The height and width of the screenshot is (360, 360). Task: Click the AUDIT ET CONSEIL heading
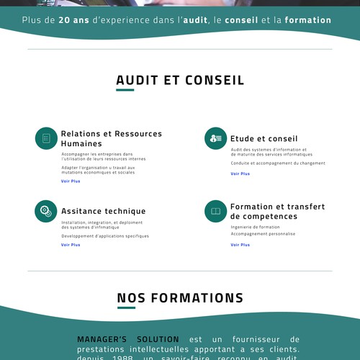pos(180,80)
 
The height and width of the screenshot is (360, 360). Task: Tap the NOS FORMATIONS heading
pos(180,297)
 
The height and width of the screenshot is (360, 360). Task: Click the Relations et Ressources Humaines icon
pos(46,138)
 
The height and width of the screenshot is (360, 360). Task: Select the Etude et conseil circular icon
pos(215,138)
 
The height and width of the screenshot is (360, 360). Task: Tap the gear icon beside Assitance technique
pos(46,211)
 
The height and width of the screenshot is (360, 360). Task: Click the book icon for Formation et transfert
pos(215,211)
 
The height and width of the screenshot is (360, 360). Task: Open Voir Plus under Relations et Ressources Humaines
pos(71,181)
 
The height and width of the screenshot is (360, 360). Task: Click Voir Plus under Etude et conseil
pos(240,174)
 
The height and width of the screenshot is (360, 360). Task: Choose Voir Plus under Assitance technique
pos(71,245)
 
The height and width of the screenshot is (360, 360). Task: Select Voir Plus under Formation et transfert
pos(240,245)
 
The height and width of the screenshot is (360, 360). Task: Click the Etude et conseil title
pos(264,138)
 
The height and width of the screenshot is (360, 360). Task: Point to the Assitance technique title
pos(103,211)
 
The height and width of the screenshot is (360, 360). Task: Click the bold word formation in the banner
pos(308,20)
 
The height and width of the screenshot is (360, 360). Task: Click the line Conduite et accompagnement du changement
pos(278,163)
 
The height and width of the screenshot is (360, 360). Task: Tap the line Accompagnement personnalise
pos(263,233)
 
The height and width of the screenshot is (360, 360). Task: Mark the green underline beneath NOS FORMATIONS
pos(126,308)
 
